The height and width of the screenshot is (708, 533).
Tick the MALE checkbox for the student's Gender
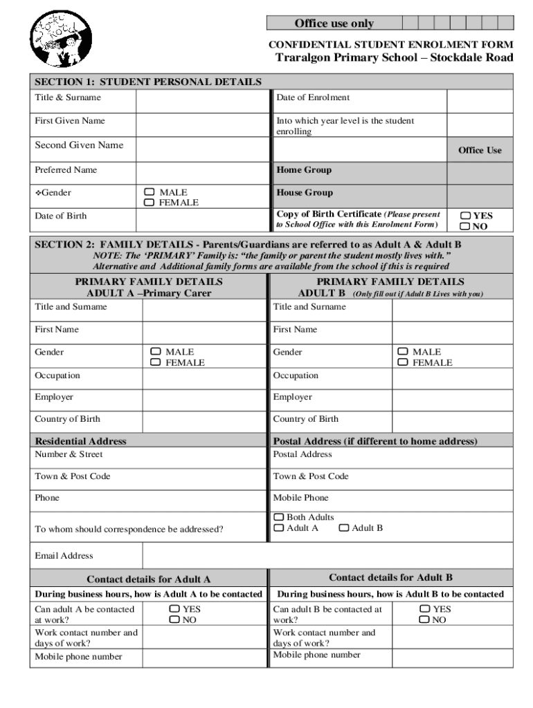tap(149, 192)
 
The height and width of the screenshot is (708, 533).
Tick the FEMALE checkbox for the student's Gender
tap(149, 203)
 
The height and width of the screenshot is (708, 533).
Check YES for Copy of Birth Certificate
tap(465, 216)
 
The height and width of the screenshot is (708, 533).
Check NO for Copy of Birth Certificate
tap(465, 226)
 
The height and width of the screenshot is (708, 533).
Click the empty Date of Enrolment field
tap(480, 99)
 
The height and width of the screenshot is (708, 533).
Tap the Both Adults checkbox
tap(279, 517)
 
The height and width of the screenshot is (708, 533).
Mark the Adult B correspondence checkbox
tap(344, 528)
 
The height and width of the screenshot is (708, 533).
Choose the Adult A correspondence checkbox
tap(279, 528)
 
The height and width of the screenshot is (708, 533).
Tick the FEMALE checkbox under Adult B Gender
tap(403, 362)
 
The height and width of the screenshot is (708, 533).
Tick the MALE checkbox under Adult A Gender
tap(156, 352)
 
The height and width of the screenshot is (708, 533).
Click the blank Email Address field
tap(327, 556)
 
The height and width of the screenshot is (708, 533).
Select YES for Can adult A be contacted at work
tap(174, 609)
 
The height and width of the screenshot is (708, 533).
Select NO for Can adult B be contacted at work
tap(424, 620)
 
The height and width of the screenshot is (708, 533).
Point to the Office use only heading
tap(334, 24)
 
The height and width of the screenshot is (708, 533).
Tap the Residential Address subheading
tap(81, 441)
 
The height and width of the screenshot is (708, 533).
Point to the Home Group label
tap(304, 170)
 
